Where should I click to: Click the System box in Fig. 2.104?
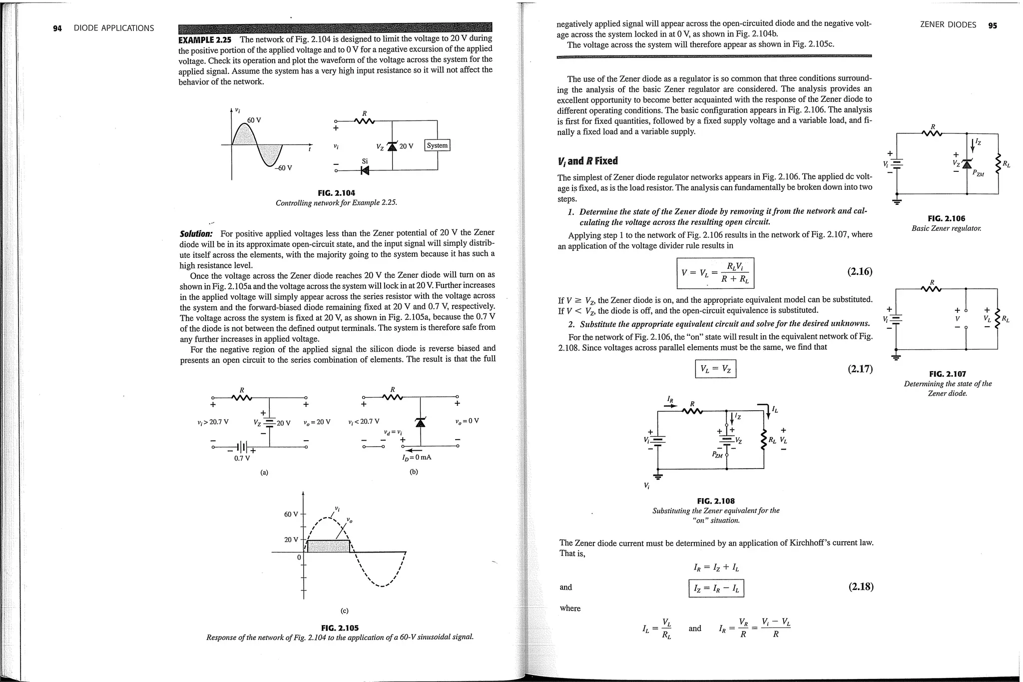(437, 145)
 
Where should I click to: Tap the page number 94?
(57, 28)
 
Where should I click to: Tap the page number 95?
(992, 25)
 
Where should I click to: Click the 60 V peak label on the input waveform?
(254, 120)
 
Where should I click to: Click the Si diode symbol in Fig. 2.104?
(365, 171)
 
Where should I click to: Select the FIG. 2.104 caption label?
(336, 193)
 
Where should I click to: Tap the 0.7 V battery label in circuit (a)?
(242, 458)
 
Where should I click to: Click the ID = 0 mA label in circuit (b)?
(416, 457)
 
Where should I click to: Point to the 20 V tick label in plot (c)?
(291, 540)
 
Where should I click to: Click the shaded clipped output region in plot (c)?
(328, 546)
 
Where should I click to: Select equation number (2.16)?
(860, 272)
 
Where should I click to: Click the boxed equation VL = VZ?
(715, 370)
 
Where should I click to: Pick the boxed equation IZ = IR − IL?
(716, 588)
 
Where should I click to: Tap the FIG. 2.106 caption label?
(946, 218)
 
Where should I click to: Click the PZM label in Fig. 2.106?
(978, 173)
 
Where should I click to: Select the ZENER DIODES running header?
(948, 25)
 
